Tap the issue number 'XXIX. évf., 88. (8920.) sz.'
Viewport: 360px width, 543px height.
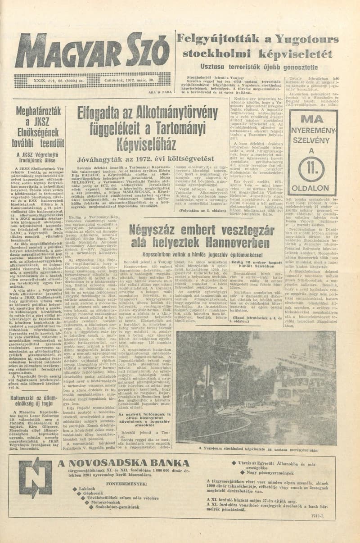[x=67, y=81]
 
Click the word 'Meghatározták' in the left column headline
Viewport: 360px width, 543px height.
[x=39, y=112]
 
